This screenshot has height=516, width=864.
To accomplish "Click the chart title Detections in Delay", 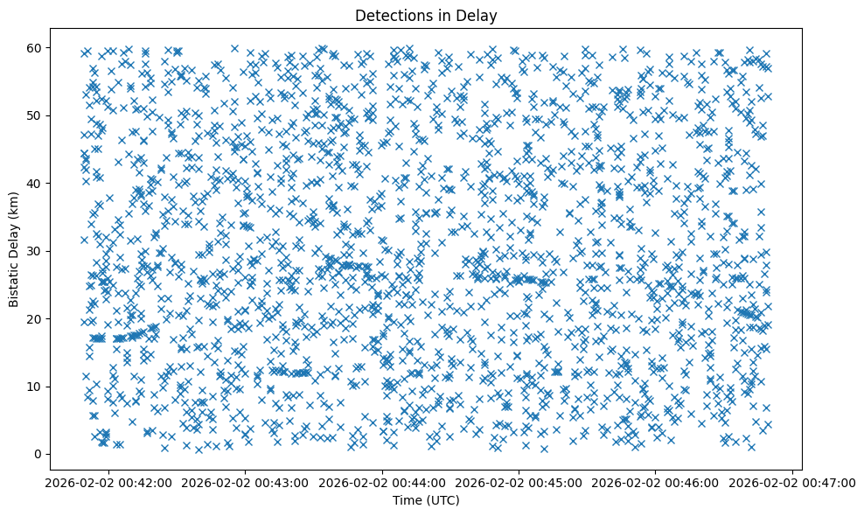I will [x=425, y=15].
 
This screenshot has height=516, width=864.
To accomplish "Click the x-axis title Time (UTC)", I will [x=425, y=500].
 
